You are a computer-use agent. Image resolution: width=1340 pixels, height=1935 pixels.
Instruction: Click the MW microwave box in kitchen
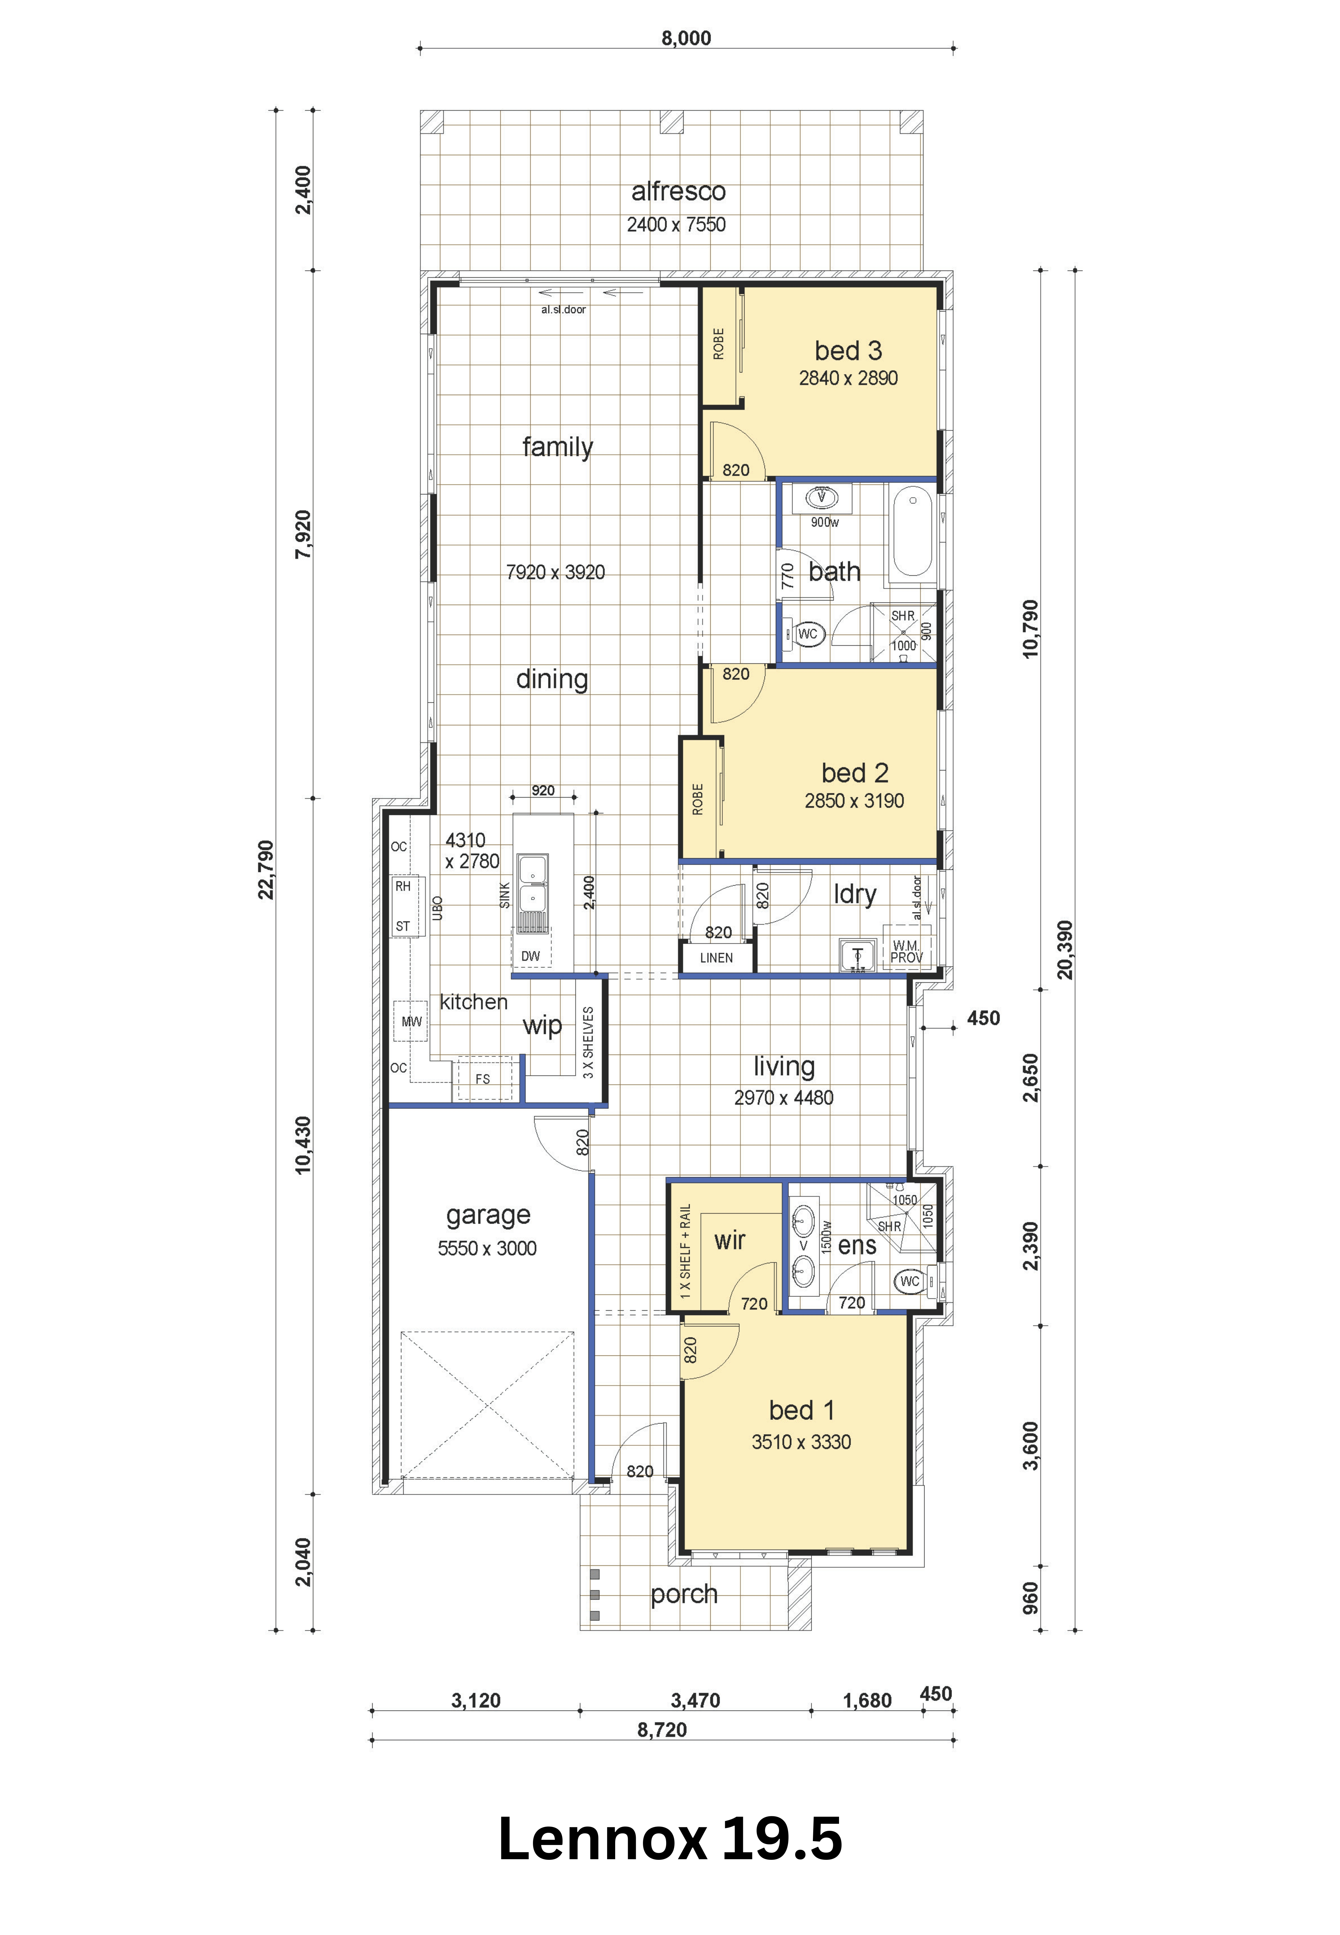[x=411, y=1022]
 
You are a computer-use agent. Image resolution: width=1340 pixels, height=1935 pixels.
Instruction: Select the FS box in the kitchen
[x=483, y=1079]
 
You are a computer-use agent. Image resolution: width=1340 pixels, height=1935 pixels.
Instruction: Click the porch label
[x=684, y=1594]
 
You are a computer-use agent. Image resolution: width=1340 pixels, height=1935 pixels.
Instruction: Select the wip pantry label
[x=542, y=1026]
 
